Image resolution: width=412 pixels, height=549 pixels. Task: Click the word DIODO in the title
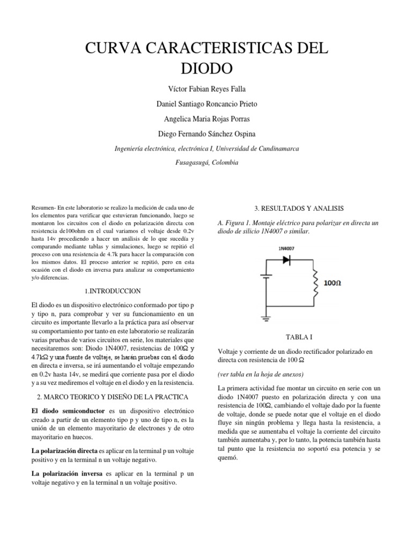206,69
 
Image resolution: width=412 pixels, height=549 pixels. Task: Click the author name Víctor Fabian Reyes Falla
206,88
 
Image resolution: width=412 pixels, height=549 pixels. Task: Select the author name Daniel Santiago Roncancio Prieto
206,103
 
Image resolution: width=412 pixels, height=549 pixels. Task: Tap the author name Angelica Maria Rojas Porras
206,118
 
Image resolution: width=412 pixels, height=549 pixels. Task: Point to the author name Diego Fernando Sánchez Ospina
206,133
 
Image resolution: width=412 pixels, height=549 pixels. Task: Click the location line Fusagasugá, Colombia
206,162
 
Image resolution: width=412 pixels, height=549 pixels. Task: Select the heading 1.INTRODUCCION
113,291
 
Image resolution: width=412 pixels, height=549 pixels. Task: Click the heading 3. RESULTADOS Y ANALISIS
298,208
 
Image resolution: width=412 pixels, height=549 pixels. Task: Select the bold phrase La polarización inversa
68,474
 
